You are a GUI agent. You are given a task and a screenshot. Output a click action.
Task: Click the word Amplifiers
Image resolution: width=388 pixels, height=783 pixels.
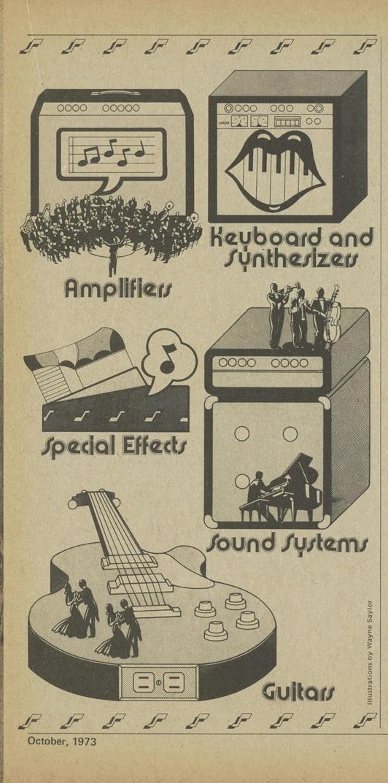(x=118, y=289)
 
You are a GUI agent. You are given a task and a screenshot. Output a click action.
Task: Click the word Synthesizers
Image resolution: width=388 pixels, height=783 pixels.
(x=291, y=258)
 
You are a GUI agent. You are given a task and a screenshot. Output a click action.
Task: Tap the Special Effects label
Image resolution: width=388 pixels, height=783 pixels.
(x=113, y=444)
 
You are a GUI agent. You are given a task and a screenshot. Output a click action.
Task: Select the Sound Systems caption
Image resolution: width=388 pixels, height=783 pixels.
(x=287, y=542)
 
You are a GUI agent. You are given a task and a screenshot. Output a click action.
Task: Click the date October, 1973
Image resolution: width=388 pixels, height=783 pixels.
(x=63, y=741)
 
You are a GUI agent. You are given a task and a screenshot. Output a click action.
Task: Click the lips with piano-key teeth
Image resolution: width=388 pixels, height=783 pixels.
(x=275, y=171)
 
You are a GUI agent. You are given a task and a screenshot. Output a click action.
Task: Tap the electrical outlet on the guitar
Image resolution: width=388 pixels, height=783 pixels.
(x=158, y=682)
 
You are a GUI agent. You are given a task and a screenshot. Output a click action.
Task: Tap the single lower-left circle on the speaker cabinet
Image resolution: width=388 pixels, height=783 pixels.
(x=242, y=480)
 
